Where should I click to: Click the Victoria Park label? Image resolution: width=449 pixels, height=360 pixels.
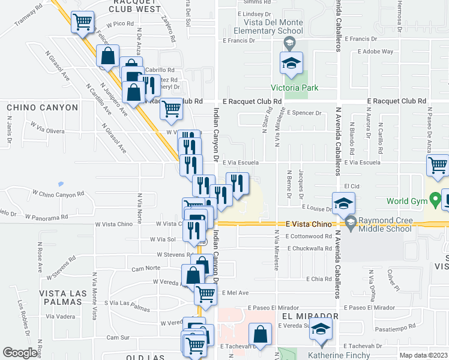click(294, 88)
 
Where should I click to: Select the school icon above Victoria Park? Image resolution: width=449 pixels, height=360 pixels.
click(291, 64)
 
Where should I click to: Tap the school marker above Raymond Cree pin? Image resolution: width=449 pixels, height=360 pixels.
click(343, 203)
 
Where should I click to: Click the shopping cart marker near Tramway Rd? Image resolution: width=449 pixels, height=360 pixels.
click(83, 23)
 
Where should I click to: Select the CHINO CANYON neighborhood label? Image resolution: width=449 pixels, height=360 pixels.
click(43, 107)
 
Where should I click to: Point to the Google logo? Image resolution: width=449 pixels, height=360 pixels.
click(20, 353)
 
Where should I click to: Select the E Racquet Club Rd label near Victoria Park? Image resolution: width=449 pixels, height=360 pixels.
click(252, 101)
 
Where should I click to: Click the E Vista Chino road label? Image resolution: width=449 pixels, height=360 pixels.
click(309, 224)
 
